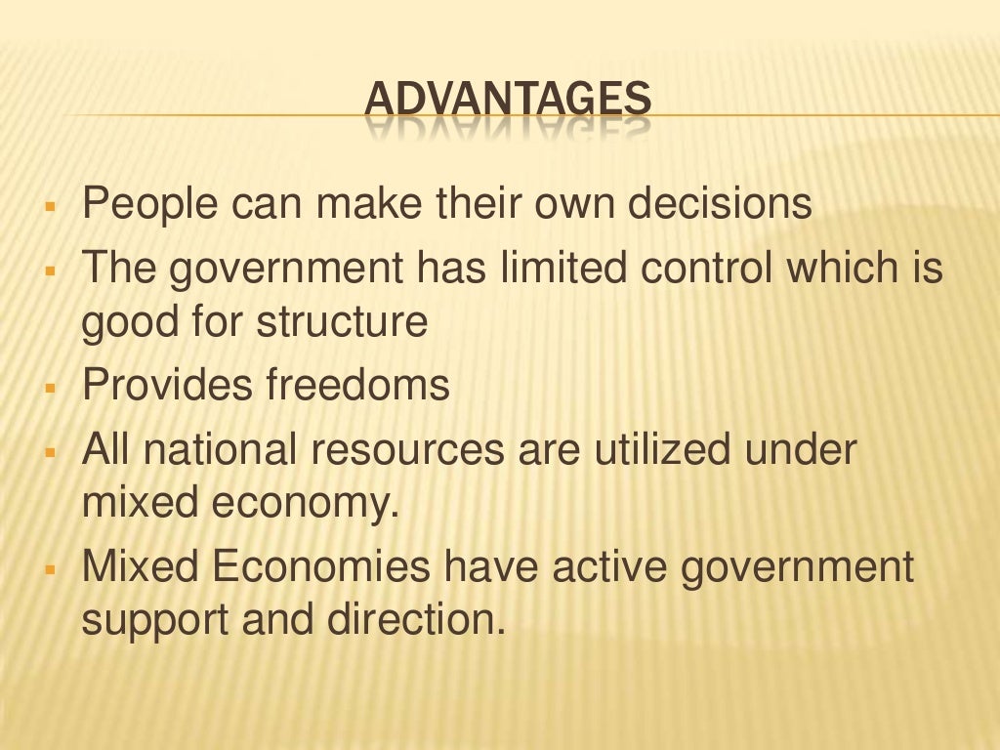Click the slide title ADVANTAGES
(x=508, y=102)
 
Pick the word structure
(x=343, y=321)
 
